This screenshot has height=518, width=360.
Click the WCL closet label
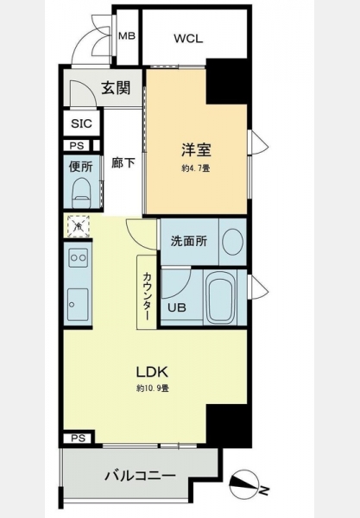click(x=188, y=39)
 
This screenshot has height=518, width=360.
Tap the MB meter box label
click(x=127, y=35)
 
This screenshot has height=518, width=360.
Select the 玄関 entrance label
click(x=116, y=88)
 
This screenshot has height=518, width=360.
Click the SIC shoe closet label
click(x=81, y=123)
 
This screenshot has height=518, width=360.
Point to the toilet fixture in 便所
click(x=81, y=193)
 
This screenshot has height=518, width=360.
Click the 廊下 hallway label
click(x=123, y=163)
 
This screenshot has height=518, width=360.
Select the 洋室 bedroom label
click(x=196, y=149)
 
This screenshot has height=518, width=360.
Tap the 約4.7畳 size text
click(x=195, y=168)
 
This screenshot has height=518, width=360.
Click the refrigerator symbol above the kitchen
click(x=79, y=226)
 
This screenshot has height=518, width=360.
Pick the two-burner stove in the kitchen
click(x=79, y=257)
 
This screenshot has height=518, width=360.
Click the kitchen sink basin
click(x=78, y=304)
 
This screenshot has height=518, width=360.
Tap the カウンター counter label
click(x=147, y=296)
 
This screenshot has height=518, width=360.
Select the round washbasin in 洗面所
click(x=233, y=241)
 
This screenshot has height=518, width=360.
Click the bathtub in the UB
click(x=221, y=297)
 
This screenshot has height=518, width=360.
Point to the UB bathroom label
click(x=177, y=308)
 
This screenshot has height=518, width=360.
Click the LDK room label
click(x=153, y=372)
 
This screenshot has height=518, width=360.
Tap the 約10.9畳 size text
click(x=153, y=388)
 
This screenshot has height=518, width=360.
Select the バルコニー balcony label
click(x=140, y=476)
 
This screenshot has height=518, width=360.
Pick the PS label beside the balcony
click(x=79, y=438)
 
